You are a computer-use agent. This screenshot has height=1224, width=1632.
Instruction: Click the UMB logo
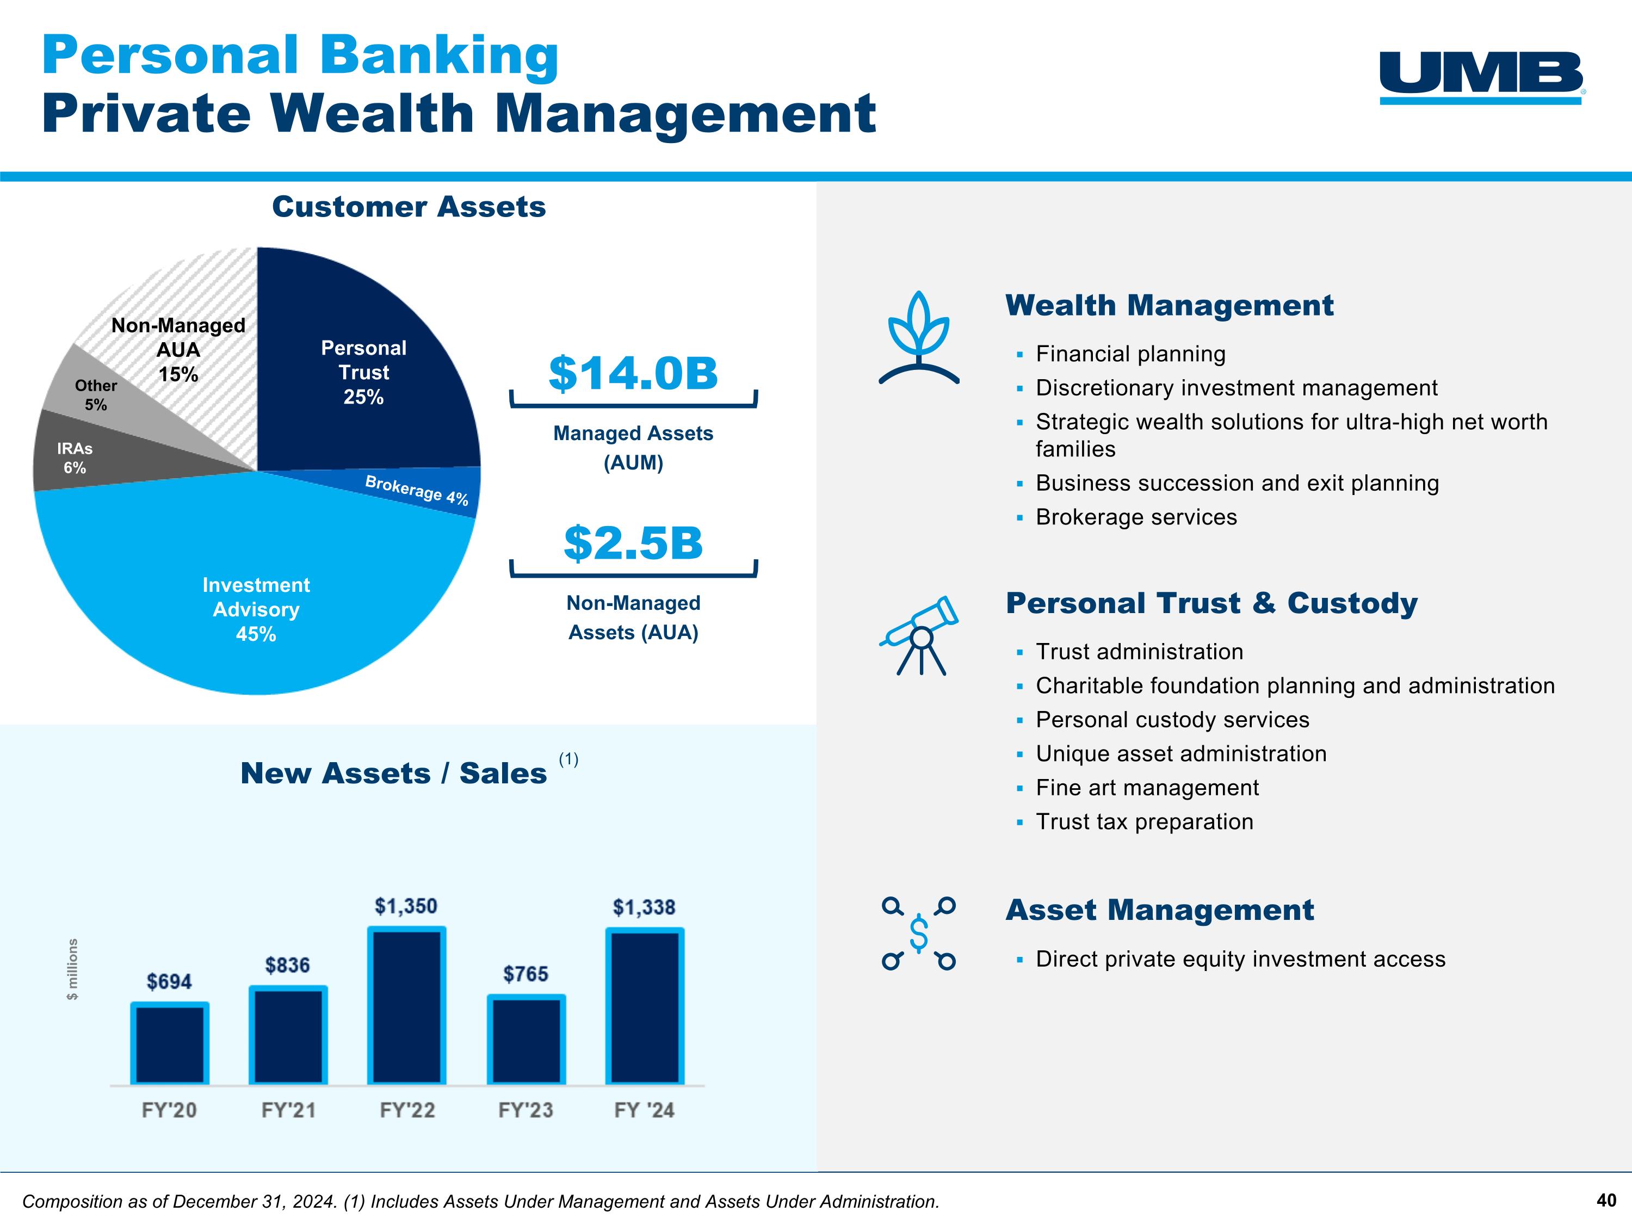(x=1481, y=77)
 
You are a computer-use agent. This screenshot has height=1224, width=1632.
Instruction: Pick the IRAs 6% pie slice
(x=75, y=458)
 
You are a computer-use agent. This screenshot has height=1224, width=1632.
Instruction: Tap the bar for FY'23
(x=526, y=1040)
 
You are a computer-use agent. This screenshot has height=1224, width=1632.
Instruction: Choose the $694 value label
(x=169, y=981)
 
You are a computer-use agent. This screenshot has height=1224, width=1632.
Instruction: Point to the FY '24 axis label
(x=644, y=1110)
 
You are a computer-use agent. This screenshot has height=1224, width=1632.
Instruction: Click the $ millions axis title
(x=72, y=969)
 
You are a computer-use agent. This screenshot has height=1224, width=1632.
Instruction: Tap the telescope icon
(x=919, y=634)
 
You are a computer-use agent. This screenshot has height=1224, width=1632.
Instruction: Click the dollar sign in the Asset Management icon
(x=919, y=934)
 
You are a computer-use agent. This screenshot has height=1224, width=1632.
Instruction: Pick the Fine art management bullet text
(x=1147, y=788)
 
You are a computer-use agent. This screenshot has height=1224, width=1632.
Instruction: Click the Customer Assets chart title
(x=409, y=207)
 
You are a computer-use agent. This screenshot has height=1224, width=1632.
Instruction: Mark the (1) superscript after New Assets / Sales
(x=568, y=759)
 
